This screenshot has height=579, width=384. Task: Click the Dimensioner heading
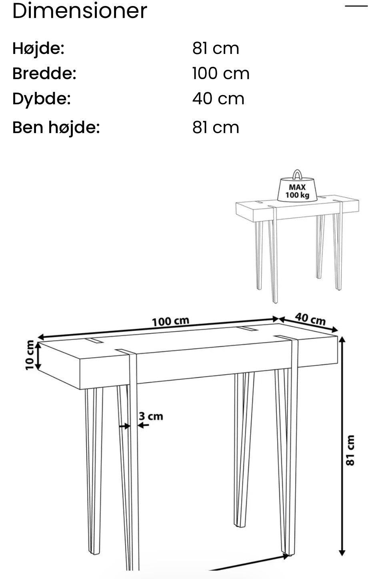80,11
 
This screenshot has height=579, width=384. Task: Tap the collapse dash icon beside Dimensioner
356,6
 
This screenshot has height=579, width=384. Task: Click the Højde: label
38,48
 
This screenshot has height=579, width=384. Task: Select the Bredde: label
44,74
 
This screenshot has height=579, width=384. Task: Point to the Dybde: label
41,99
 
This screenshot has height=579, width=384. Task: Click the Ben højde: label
56,127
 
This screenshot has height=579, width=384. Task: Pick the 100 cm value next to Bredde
220,74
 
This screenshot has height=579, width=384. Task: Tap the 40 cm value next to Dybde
218,99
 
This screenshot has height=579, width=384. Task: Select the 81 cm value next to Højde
216,48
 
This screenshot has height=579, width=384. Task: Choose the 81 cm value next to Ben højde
216,127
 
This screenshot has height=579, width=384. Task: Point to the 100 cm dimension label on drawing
170,321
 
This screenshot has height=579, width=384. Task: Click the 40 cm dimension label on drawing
310,319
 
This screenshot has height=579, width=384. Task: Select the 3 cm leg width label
151,416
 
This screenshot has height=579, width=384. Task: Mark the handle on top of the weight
297,175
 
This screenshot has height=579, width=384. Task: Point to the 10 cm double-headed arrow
38,355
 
